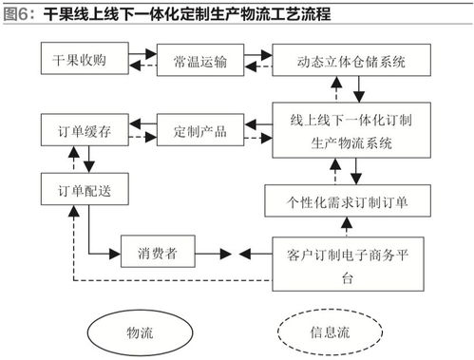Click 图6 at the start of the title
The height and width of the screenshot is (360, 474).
click(x=18, y=14)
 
